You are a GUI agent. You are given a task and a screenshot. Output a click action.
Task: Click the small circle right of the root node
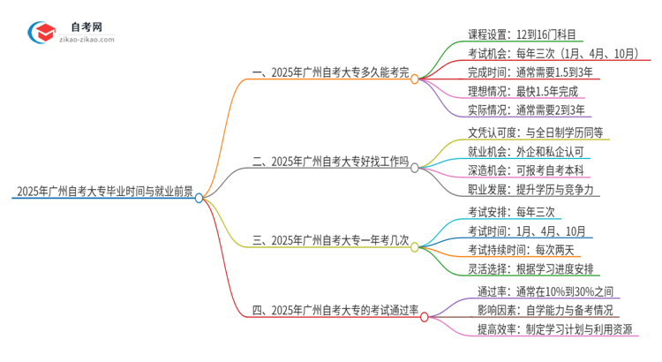tap(199, 198)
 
